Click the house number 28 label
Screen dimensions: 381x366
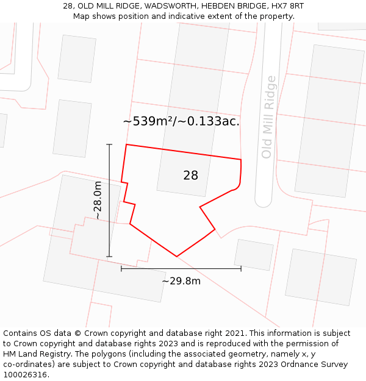pos(190,176)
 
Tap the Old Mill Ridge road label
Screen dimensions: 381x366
pos(268,117)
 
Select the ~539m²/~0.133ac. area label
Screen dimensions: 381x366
pos(181,121)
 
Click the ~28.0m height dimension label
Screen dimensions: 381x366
pos(98,201)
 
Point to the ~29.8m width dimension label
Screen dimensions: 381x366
pos(181,281)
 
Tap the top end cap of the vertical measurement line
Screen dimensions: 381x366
pos(110,144)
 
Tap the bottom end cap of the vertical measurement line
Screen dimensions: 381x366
pos(110,257)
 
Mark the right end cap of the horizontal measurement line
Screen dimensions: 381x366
pos(241,268)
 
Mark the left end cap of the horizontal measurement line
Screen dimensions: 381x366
pos(121,268)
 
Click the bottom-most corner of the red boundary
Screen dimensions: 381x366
pos(177,256)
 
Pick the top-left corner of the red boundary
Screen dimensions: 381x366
pos(126,144)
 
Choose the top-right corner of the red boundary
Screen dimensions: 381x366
pos(241,160)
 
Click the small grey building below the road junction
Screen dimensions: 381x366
pos(254,255)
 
